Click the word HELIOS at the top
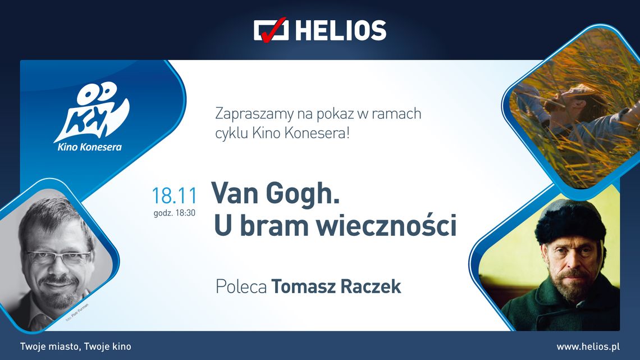(341, 30)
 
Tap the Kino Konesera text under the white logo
(90, 148)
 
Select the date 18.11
(174, 196)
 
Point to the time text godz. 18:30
(174, 213)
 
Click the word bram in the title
(267, 225)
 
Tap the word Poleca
(241, 286)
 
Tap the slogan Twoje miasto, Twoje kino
(75, 347)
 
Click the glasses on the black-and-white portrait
(59, 258)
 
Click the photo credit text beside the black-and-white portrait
(76, 311)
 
